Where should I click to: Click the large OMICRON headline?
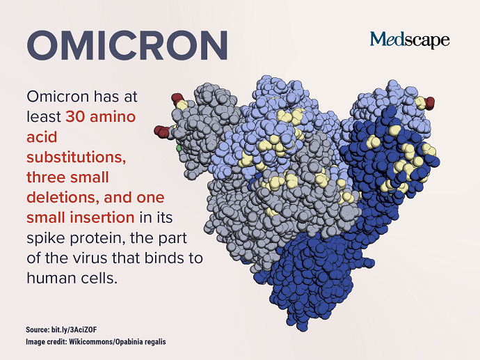click(x=127, y=45)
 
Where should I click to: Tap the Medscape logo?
click(x=410, y=40)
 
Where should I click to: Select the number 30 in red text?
click(x=75, y=117)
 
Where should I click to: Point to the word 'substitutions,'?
click(x=77, y=157)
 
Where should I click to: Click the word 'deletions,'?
click(x=63, y=198)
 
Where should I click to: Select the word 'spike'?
click(x=46, y=239)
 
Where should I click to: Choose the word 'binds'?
click(x=163, y=258)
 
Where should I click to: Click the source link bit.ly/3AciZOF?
click(x=74, y=329)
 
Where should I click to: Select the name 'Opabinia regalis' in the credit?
click(x=141, y=342)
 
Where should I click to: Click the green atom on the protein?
click(x=179, y=148)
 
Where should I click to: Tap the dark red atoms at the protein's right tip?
click(x=430, y=103)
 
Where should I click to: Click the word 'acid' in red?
click(x=42, y=137)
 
